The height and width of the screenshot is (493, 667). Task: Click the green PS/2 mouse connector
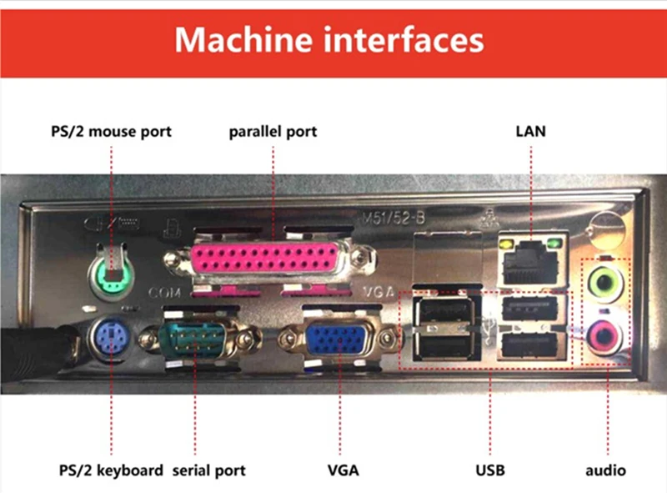coord(110,273)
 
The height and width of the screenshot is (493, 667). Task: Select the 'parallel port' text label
coord(273,131)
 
